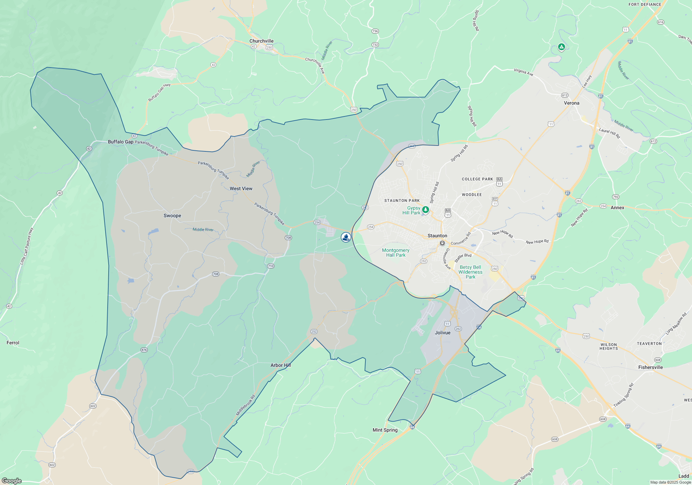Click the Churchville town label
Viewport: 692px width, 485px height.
point(261,41)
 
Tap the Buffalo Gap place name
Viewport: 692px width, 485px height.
point(120,142)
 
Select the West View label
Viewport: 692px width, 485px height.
point(241,188)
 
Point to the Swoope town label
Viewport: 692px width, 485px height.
point(172,215)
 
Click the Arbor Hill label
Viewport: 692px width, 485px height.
point(281,365)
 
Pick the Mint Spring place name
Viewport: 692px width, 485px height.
point(385,430)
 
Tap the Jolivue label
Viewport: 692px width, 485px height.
point(443,333)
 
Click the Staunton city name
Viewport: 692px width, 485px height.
point(437,236)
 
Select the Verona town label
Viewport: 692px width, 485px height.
point(572,103)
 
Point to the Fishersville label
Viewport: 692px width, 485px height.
point(650,367)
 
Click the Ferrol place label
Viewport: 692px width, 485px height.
point(13,343)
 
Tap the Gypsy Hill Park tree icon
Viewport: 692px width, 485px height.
point(426,210)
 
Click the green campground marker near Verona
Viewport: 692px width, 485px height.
point(561,47)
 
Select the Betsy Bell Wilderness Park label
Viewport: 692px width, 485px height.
point(470,272)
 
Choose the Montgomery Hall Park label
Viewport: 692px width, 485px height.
point(395,253)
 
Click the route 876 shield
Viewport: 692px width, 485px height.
point(144,350)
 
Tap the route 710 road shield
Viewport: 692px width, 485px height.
point(271,266)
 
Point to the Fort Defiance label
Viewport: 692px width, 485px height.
point(645,5)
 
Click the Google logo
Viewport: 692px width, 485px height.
point(12,480)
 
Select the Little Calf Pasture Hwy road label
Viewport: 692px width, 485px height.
point(27,246)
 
